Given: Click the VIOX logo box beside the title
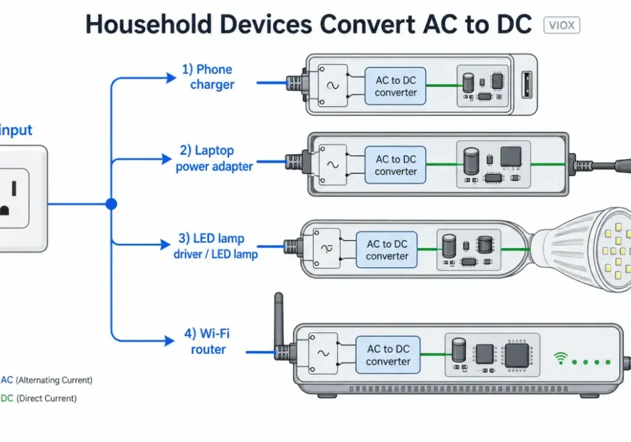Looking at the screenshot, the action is coord(562,25).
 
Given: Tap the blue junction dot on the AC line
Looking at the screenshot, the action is coord(112,204).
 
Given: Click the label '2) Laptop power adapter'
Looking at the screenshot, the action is coord(214,158).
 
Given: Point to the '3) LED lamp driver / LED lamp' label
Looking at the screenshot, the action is coord(215,246).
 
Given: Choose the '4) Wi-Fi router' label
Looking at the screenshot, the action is coord(207,342).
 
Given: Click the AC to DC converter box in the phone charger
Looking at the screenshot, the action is coord(395,86).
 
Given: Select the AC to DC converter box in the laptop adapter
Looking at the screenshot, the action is coord(395,165).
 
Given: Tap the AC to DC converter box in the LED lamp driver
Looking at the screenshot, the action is coord(386,249).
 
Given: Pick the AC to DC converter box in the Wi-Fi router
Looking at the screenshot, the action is coord(388,355).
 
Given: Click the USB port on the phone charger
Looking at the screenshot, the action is coord(526,85).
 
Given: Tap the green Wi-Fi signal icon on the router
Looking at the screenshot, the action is coord(560,358).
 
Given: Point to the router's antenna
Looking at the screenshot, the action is coord(279,322).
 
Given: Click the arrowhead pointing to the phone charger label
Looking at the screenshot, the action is coord(171,78).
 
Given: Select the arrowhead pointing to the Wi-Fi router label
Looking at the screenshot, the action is coord(169,341).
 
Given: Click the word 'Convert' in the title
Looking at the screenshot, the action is coord(367,24).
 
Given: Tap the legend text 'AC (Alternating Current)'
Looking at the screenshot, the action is coord(47,380).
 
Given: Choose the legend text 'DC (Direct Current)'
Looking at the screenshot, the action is coord(38,398).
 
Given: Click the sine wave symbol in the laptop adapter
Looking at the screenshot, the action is coord(333,165).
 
